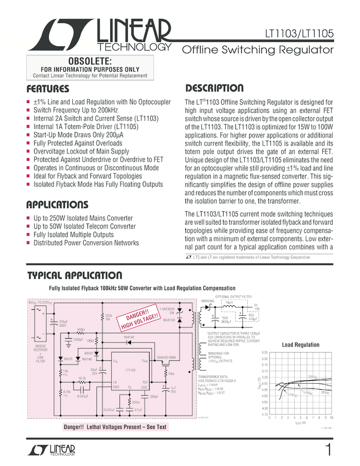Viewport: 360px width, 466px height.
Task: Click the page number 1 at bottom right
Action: (x=328, y=451)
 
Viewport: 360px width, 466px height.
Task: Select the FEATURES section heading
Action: (x=48, y=89)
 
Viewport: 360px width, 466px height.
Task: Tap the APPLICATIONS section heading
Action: (x=57, y=205)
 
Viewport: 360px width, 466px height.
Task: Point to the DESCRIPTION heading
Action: (x=215, y=88)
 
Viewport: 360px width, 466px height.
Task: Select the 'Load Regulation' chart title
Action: (x=300, y=345)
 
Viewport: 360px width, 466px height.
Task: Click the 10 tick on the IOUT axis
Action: (x=333, y=418)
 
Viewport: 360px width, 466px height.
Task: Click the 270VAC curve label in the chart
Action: (x=292, y=394)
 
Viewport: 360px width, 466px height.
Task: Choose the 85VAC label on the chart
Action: (x=325, y=393)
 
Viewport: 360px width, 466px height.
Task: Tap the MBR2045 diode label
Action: (x=208, y=301)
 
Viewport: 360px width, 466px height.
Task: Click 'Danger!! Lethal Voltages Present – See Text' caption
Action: (x=115, y=427)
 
